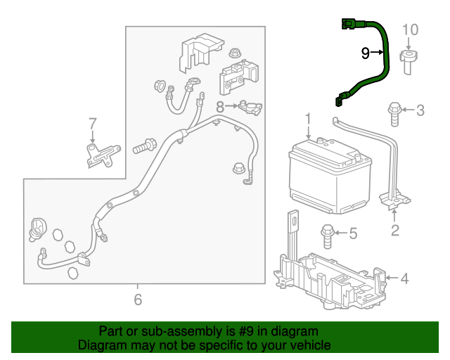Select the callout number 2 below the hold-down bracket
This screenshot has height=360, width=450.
click(394, 229)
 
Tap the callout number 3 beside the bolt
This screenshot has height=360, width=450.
click(420, 110)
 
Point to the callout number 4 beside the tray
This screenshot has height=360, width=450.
click(404, 279)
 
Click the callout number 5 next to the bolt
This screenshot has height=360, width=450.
click(353, 232)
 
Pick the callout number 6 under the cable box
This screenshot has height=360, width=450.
click(138, 300)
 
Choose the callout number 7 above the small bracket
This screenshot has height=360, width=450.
click(92, 124)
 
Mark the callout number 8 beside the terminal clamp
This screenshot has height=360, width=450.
click(220, 107)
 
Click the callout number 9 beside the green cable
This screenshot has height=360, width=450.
click(365, 53)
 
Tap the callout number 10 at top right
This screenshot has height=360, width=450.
click(410, 30)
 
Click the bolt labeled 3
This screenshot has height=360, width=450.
click(394, 112)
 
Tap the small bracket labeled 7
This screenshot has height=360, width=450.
click(101, 155)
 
